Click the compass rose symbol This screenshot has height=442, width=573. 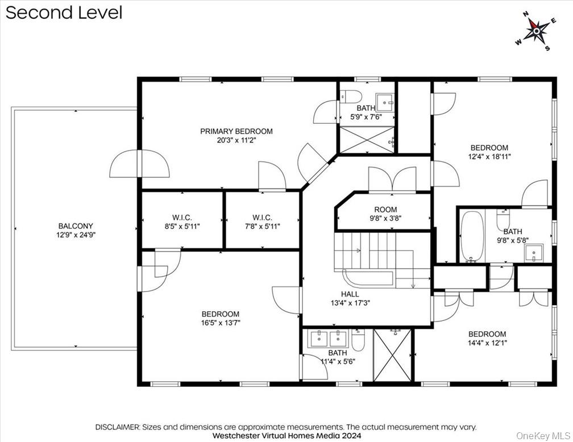pyautogui.click(x=535, y=31)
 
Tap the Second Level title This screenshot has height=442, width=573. pyautogui.click(x=64, y=12)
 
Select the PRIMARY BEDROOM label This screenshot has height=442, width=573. pyautogui.click(x=236, y=131)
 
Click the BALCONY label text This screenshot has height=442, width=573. pyautogui.click(x=75, y=226)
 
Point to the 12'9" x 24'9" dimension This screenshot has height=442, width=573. pyautogui.click(x=75, y=234)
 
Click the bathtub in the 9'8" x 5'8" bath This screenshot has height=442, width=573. pyautogui.click(x=471, y=236)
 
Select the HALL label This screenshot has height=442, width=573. pyautogui.click(x=350, y=294)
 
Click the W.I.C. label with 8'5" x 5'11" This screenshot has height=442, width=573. pyautogui.click(x=182, y=218)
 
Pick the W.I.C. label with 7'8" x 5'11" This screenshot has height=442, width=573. pyautogui.click(x=262, y=218)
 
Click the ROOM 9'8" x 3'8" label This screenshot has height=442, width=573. pyautogui.click(x=385, y=210)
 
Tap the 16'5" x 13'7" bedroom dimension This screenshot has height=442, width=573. pyautogui.click(x=221, y=323)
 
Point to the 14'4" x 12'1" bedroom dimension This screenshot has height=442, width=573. pyautogui.click(x=487, y=343)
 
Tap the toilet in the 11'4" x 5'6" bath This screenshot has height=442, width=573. pyautogui.click(x=358, y=339)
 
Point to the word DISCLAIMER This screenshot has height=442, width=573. pyautogui.click(x=117, y=427)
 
